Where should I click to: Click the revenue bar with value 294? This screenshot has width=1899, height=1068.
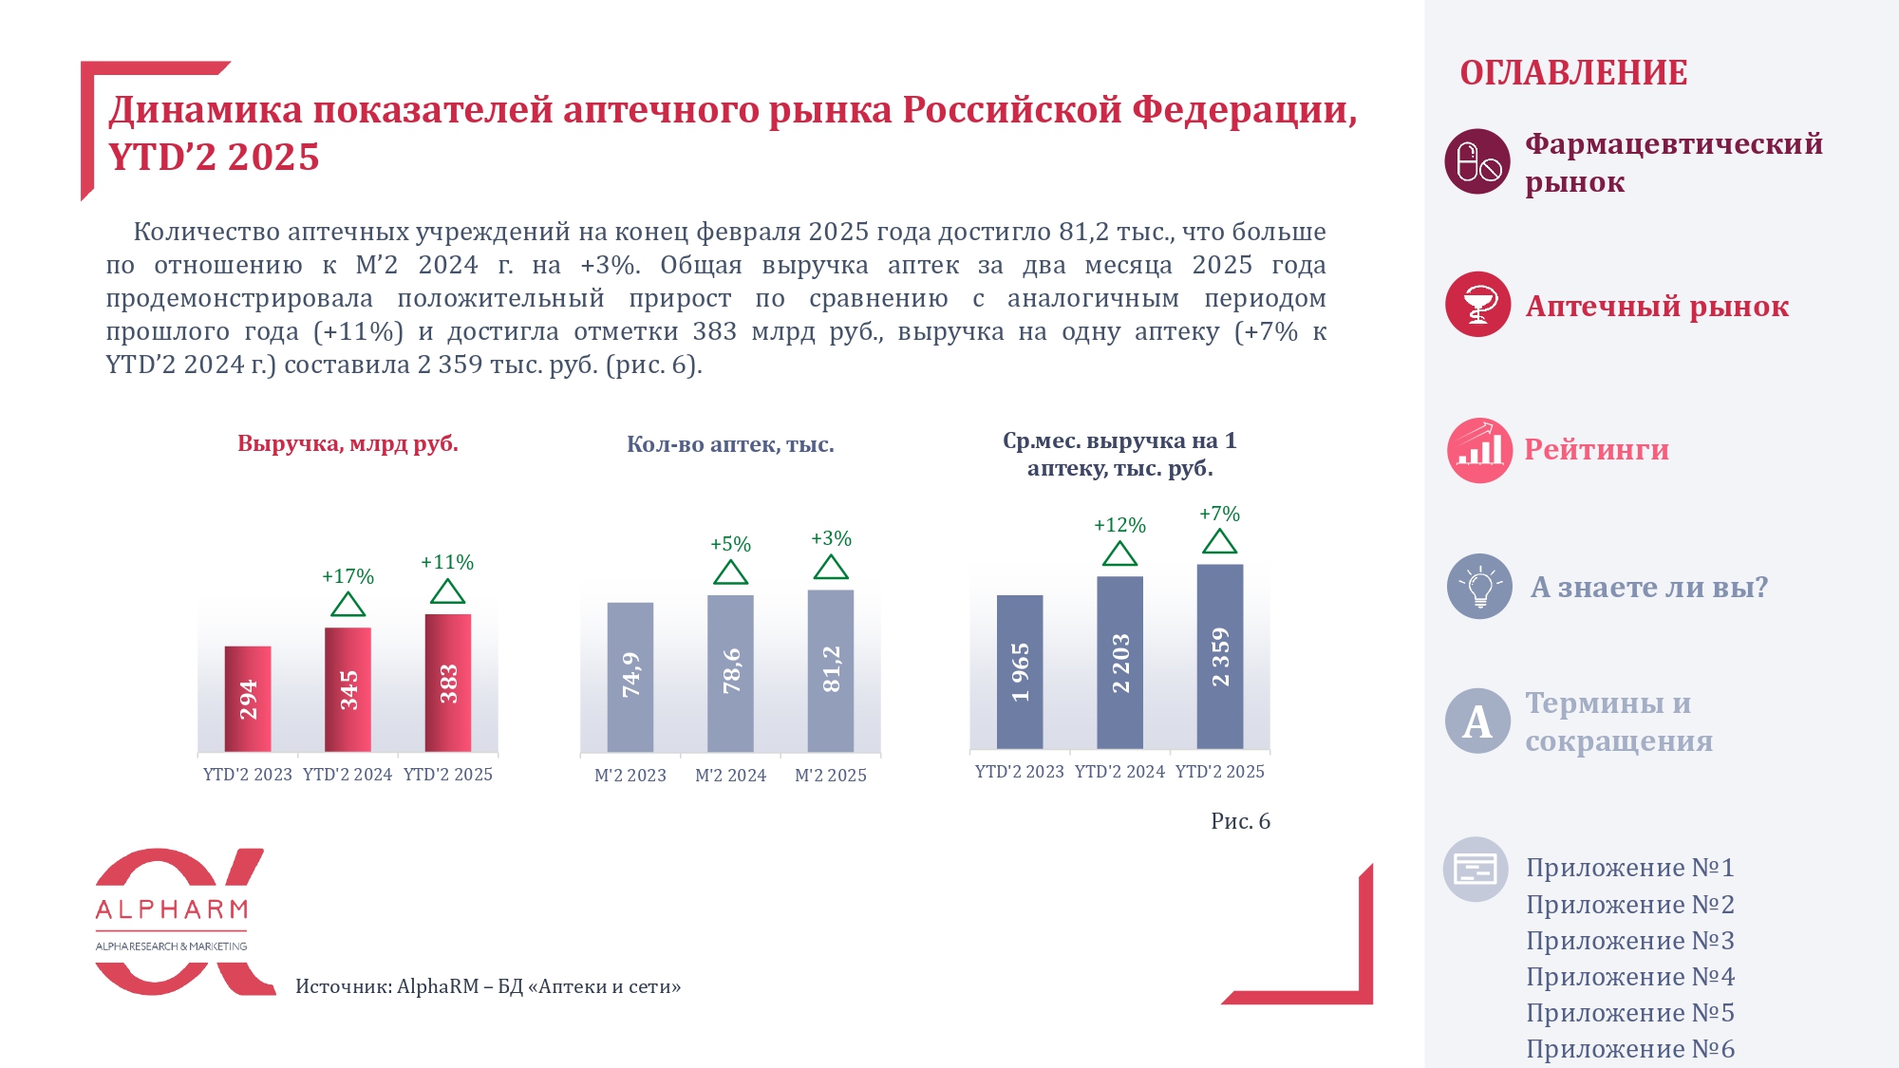248,699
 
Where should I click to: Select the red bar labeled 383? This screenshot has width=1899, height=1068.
448,683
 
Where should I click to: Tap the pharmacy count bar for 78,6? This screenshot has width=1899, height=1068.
730,673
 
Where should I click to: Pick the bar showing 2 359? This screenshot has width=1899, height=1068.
1220,656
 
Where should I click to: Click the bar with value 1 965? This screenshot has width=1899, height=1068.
1020,671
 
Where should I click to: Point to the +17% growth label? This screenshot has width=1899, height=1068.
348,576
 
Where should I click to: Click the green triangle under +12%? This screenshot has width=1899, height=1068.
1120,554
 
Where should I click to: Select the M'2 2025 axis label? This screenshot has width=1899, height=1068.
831,776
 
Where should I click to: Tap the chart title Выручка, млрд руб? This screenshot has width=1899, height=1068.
348,443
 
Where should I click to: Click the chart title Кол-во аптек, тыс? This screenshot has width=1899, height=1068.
730,444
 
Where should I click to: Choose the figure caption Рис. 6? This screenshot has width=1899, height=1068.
1240,821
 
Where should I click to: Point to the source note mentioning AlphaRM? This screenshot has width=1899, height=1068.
488,986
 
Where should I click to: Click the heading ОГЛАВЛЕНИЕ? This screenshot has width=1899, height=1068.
1573,73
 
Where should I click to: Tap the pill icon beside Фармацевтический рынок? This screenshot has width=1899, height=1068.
1477,161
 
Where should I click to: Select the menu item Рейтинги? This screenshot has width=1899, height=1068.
1596,449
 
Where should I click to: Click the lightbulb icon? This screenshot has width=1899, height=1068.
1479,587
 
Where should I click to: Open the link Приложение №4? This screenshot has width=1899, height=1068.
1630,976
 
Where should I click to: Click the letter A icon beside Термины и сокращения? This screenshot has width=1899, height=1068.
1477,721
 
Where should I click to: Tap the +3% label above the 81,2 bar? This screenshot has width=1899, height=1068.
831,538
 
